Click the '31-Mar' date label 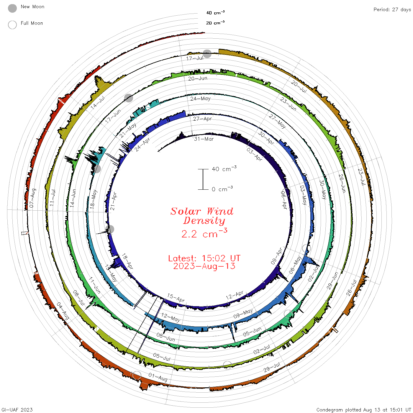(204, 139)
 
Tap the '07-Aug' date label (32, 198)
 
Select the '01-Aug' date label (158, 377)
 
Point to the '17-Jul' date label (195, 58)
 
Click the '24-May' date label (200, 99)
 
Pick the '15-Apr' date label (176, 298)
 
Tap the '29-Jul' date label (272, 367)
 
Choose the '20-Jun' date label (198, 78)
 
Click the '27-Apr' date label (202, 119)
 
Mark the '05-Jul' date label (162, 357)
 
